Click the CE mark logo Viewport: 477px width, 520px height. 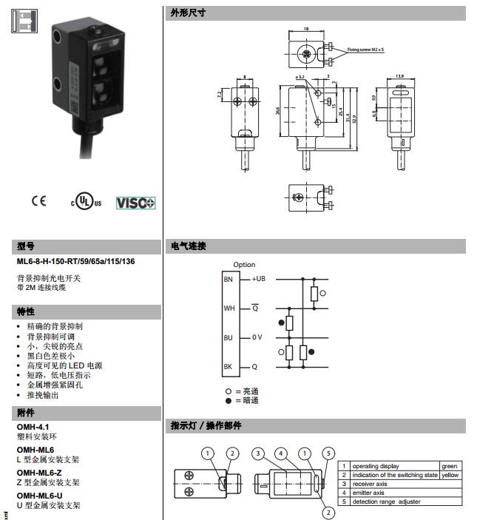[38, 200]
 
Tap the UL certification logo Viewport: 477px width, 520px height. [82, 201]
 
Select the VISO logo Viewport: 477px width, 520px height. [135, 201]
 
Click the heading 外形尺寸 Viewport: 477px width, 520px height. [188, 13]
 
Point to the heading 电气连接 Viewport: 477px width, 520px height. [188, 246]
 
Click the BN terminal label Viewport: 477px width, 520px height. [229, 279]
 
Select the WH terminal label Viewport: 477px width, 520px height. [229, 308]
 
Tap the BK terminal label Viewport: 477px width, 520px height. [229, 367]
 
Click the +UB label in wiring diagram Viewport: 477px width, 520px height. [258, 279]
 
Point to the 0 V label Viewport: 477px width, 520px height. [257, 337]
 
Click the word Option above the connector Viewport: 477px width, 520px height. [244, 265]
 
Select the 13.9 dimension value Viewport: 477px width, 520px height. [399, 76]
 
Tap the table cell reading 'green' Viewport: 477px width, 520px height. [450, 466]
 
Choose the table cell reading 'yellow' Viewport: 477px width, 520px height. [450, 475]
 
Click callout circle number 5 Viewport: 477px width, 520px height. [329, 453]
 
